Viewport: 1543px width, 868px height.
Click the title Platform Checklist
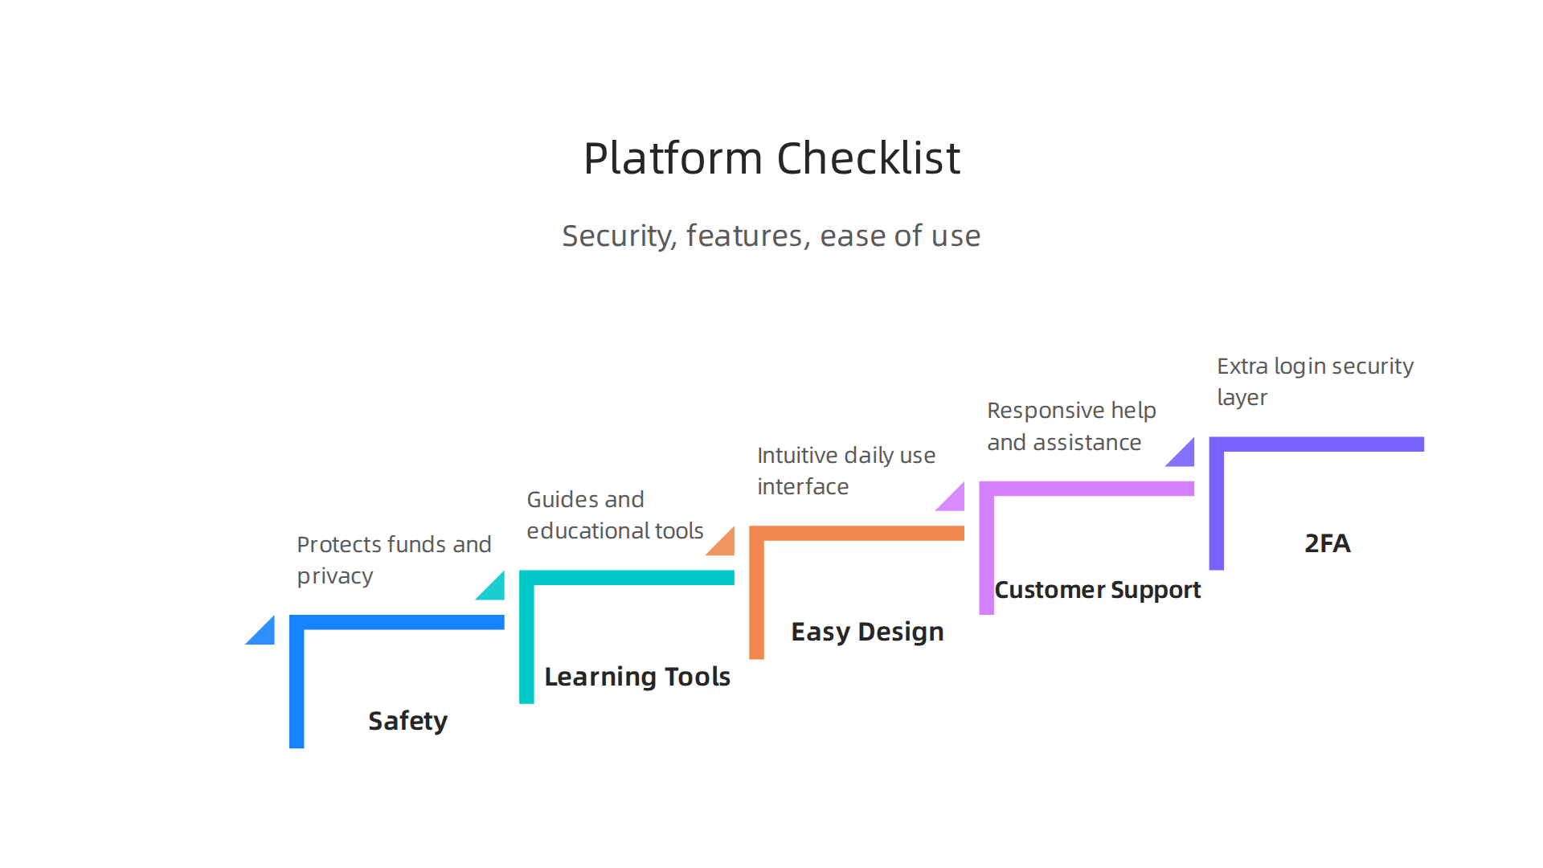[771, 158]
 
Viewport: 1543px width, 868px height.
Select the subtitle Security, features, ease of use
[771, 236]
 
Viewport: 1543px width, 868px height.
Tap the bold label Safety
[407, 721]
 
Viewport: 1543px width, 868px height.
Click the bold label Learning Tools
[637, 677]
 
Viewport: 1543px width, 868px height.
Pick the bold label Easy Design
[867, 632]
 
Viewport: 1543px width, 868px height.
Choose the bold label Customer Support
[1097, 590]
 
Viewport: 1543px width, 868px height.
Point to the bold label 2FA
[1327, 543]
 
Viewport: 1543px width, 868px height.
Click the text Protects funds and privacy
[394, 560]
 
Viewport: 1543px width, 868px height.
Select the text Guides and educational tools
[615, 515]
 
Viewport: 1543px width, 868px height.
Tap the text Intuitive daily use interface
[845, 471]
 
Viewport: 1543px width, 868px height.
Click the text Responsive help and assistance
[1071, 426]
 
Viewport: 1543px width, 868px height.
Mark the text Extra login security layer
[1315, 382]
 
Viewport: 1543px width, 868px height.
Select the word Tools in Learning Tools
[698, 677]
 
